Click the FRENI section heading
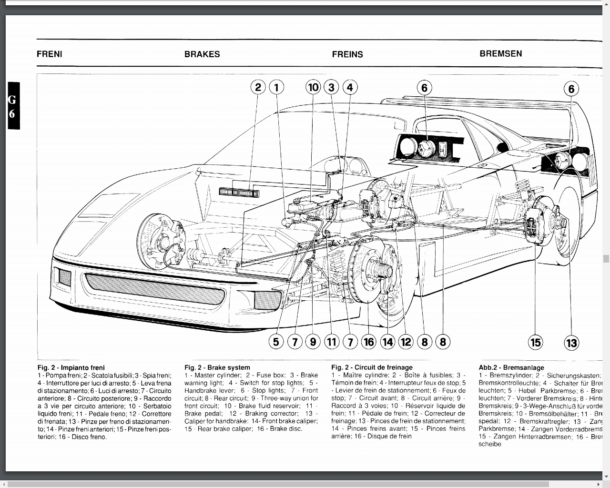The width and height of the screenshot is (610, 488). [x=50, y=54]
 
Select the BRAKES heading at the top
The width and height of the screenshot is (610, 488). [x=202, y=54]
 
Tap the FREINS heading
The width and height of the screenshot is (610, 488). [x=347, y=54]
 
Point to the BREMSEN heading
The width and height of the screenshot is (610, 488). [x=500, y=54]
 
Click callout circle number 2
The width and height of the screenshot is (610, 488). [x=258, y=87]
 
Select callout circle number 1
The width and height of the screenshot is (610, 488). [x=276, y=87]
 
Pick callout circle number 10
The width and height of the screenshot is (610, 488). [x=313, y=87]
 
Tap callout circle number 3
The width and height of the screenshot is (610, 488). [x=331, y=87]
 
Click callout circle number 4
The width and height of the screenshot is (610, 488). [x=350, y=87]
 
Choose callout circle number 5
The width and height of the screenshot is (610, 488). [x=276, y=342]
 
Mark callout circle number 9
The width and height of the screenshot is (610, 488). [x=313, y=342]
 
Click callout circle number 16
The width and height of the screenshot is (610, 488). [x=368, y=342]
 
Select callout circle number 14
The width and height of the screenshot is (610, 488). [x=387, y=342]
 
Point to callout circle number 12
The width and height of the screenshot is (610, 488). [x=406, y=342]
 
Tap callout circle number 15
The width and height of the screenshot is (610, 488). [x=536, y=342]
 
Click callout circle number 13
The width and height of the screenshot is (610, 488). [x=571, y=343]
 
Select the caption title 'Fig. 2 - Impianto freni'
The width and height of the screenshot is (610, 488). [x=71, y=367]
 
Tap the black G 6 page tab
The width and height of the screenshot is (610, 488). [x=13, y=106]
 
